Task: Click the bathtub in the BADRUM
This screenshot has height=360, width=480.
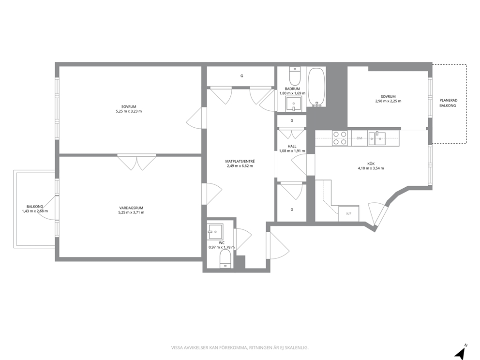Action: tap(316, 87)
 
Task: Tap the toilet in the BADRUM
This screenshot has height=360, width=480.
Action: tap(295, 76)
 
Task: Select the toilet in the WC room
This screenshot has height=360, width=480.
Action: tap(225, 259)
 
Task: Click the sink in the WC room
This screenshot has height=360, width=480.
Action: tap(215, 231)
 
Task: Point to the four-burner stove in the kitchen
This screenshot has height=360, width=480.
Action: tap(340, 138)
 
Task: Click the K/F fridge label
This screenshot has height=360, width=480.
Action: tap(349, 214)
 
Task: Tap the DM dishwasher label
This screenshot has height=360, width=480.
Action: tap(360, 138)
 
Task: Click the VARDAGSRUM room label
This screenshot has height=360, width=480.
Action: tap(131, 208)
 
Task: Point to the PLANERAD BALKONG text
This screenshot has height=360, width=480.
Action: tap(449, 103)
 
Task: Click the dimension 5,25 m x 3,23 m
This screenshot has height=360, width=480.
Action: tap(129, 111)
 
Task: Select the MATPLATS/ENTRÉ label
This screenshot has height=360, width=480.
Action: tap(240, 161)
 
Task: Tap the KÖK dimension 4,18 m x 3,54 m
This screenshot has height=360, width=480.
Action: tap(371, 168)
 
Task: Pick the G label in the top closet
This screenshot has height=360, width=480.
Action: tap(241, 76)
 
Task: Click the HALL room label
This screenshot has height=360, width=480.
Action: tap(292, 146)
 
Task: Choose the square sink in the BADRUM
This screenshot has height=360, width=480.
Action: tap(294, 104)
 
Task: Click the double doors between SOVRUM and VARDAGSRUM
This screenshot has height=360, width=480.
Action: tap(136, 163)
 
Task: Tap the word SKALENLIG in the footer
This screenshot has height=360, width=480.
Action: tap(299, 348)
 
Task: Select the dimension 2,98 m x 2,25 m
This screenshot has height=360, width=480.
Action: tap(389, 101)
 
